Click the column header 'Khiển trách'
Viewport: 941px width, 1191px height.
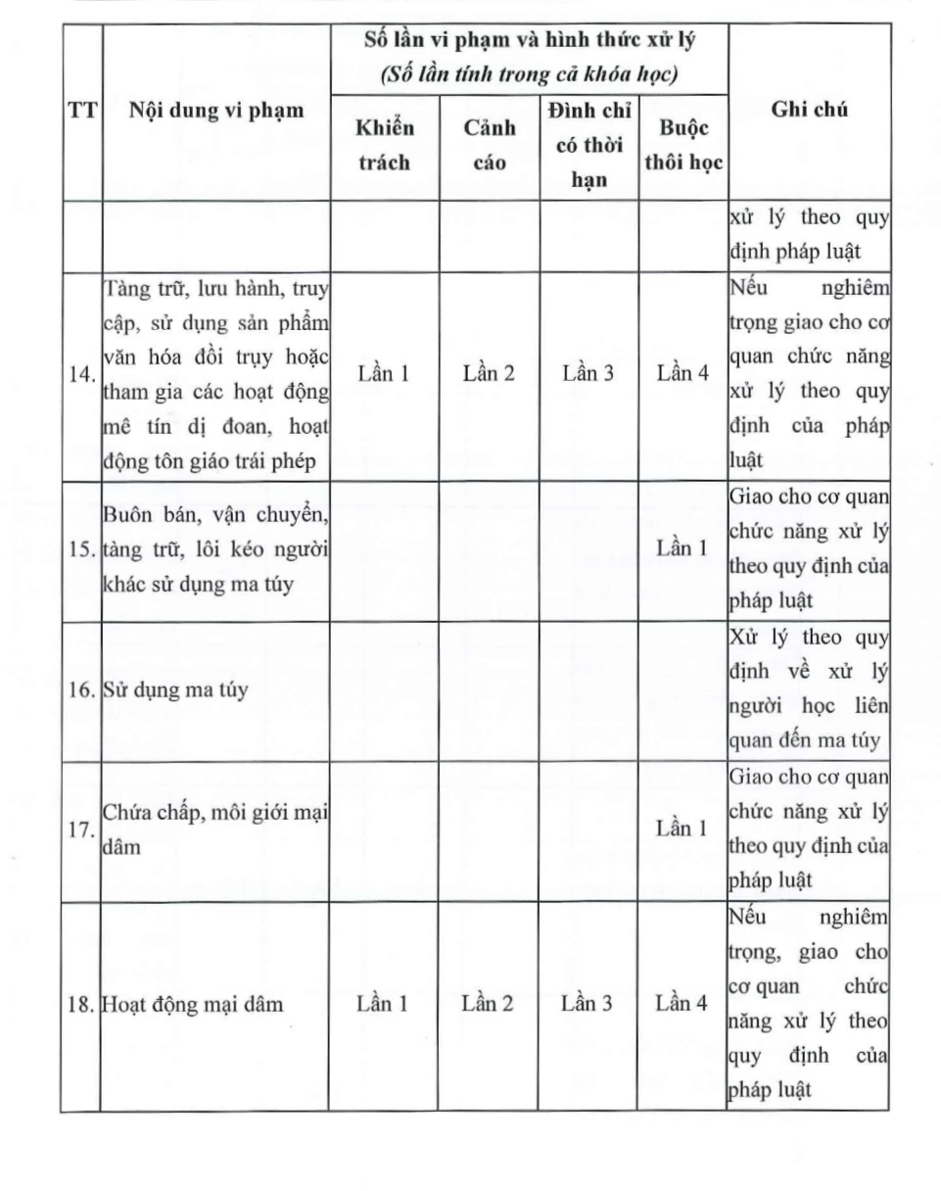[384, 145]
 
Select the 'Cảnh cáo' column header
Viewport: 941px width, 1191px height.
[489, 145]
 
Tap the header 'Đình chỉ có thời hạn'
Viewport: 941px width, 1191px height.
[588, 145]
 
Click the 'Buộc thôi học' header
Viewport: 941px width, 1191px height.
[682, 145]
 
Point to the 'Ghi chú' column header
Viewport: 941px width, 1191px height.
[810, 110]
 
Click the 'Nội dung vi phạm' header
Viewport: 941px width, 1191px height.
[216, 110]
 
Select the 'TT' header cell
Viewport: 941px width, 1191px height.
[82, 110]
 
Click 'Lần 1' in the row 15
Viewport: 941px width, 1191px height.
[682, 548]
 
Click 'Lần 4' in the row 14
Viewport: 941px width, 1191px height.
[682, 373]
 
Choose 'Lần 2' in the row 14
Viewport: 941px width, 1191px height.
[489, 373]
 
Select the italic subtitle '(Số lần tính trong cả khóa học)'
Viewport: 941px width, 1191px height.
[530, 73]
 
